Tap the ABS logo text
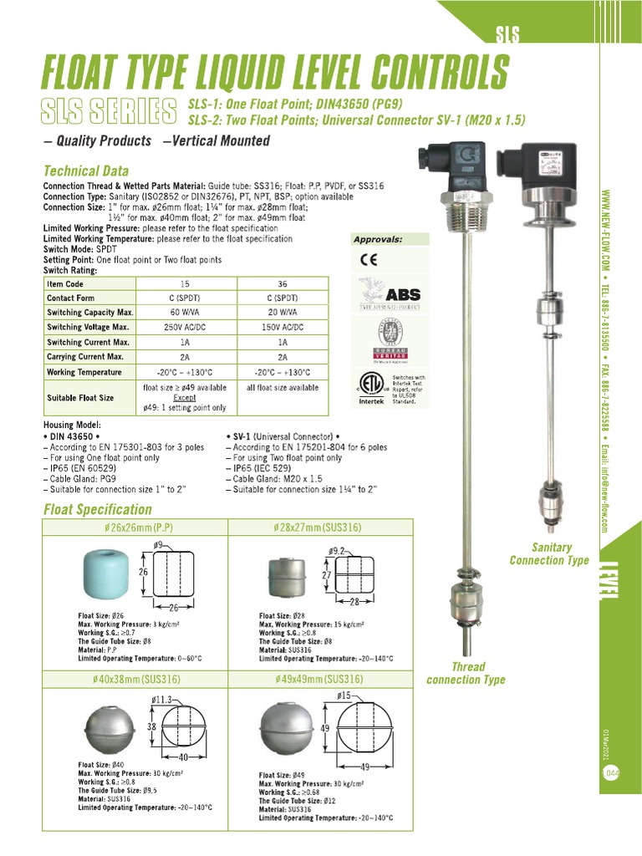pos(403,295)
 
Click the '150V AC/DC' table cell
pos(283,327)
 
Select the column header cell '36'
pos(283,283)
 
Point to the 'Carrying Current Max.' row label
pos(85,357)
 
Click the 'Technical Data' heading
pos(88,171)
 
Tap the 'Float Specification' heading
pos(97,509)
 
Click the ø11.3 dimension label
pos(162,699)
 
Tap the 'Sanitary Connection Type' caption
pos(549,553)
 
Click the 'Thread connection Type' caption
pos(466,673)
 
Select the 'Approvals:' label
pos(378,239)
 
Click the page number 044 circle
pos(611,774)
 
